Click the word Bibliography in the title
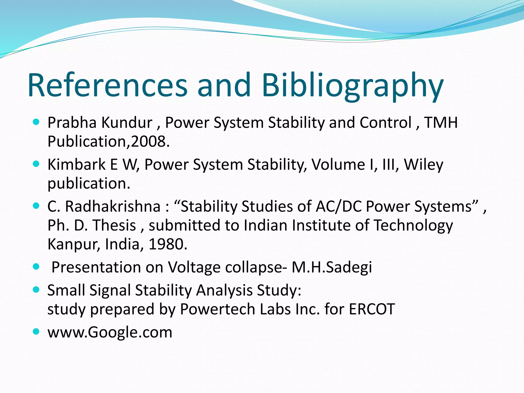click(353, 86)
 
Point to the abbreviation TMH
click(441, 123)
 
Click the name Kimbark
click(77, 164)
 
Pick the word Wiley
click(423, 165)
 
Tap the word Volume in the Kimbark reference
click(338, 164)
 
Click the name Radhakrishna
click(113, 206)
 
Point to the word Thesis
click(114, 225)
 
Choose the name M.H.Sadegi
click(332, 267)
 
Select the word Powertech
click(217, 309)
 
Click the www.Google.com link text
click(110, 332)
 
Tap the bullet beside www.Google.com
click(36, 332)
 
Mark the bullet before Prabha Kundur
click(36, 122)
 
